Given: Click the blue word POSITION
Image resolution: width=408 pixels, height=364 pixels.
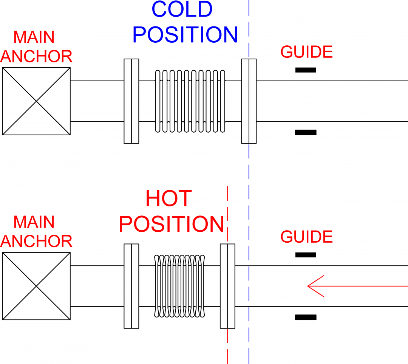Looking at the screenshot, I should pyautogui.click(x=185, y=35).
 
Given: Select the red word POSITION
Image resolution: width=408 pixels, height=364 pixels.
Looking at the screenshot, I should pyautogui.click(x=172, y=224).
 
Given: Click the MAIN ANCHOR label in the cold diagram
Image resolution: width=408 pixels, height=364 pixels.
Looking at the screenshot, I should pyautogui.click(x=36, y=47).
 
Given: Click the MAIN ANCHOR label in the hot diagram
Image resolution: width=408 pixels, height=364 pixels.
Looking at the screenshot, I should pyautogui.click(x=36, y=232).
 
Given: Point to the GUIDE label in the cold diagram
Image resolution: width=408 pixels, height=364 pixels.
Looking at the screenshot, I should pyautogui.click(x=306, y=52).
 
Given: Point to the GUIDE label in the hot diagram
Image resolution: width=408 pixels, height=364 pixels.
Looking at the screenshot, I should pyautogui.click(x=306, y=237).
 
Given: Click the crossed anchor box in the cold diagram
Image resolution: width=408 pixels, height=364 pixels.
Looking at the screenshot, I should pyautogui.click(x=36, y=101).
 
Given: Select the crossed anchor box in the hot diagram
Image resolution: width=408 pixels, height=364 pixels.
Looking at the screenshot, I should pyautogui.click(x=36, y=286).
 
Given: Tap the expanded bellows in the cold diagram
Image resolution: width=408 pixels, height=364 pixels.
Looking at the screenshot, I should pyautogui.click(x=190, y=101).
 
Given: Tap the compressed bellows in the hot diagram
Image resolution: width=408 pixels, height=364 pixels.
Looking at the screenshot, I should pyautogui.click(x=180, y=286).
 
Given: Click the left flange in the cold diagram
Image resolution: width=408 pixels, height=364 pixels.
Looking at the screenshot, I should pyautogui.click(x=131, y=101).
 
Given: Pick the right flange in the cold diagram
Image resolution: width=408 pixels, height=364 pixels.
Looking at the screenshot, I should pyautogui.click(x=249, y=101).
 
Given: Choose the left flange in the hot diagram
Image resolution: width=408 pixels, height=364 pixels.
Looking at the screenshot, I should pyautogui.click(x=131, y=286).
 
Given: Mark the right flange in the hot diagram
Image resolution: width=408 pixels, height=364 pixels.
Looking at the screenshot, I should pyautogui.click(x=227, y=286).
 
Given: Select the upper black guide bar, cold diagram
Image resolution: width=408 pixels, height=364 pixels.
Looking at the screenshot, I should pyautogui.click(x=306, y=70).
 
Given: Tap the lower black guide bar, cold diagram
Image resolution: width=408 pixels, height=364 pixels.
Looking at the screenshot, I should pyautogui.click(x=306, y=132).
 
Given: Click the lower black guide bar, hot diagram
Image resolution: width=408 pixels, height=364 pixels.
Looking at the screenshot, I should pyautogui.click(x=306, y=317).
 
